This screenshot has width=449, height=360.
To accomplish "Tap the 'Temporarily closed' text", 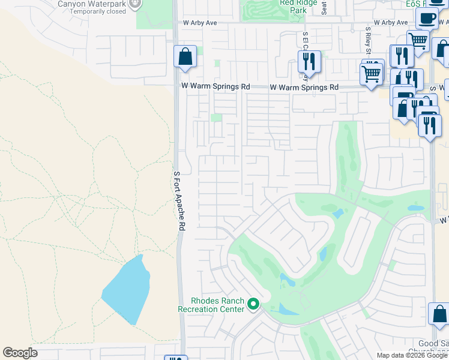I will click(100, 11).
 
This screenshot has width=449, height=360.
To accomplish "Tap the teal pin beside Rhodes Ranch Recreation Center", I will click(253, 305).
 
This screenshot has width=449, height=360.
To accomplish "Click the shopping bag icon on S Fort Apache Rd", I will click(185, 57).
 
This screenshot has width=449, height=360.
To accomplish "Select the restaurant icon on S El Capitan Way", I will click(309, 61).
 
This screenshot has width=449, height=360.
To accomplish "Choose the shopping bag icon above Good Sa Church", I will click(439, 314).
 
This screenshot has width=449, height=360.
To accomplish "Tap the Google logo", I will click(20, 353).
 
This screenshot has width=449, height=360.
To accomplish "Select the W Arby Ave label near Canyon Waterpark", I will click(199, 23).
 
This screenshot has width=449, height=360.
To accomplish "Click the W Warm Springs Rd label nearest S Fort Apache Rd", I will click(216, 86).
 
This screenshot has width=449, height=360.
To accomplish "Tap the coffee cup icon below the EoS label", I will click(426, 19).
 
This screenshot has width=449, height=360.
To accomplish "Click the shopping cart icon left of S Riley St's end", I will click(372, 75).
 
